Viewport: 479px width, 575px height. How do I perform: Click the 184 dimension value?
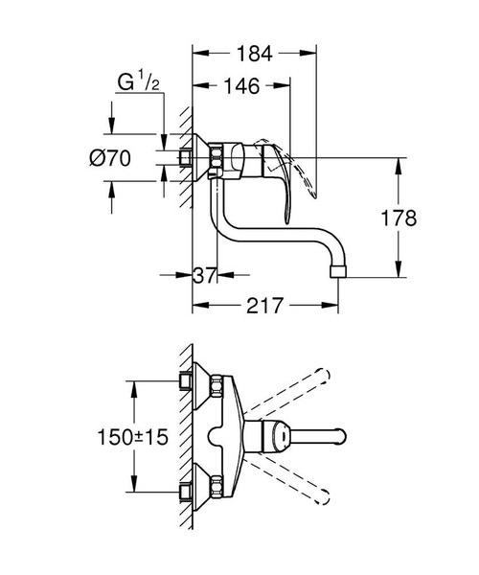click(x=254, y=54)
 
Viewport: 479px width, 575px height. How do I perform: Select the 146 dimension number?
click(x=241, y=86)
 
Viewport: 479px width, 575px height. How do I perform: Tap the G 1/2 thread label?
click(x=139, y=81)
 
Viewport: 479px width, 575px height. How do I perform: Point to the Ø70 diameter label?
click(x=110, y=159)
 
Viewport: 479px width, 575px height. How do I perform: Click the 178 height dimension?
click(x=399, y=218)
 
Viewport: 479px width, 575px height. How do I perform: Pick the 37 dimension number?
click(x=204, y=275)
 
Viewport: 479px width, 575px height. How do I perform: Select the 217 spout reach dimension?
click(x=265, y=306)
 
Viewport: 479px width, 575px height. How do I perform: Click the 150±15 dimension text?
click(x=132, y=437)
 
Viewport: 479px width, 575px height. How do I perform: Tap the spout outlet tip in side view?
click(x=338, y=272)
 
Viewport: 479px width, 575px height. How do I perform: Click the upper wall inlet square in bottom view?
click(x=185, y=380)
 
